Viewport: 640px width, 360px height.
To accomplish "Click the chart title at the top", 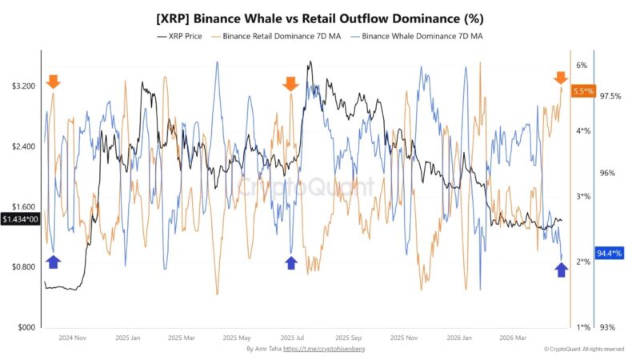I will coord(320,18).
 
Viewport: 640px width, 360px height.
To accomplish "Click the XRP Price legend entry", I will coord(182,36).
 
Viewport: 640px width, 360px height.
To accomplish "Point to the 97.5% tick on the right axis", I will coord(610,96).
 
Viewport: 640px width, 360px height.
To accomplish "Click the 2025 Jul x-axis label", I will coord(293,338).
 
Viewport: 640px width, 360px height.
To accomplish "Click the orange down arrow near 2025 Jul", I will coord(290,83).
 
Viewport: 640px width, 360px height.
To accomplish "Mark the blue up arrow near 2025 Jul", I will coord(290,262).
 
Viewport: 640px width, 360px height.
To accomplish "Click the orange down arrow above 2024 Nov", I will coord(53,82).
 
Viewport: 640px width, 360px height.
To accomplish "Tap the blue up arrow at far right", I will coord(561,270).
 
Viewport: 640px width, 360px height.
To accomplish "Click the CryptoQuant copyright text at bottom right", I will coord(583,349).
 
